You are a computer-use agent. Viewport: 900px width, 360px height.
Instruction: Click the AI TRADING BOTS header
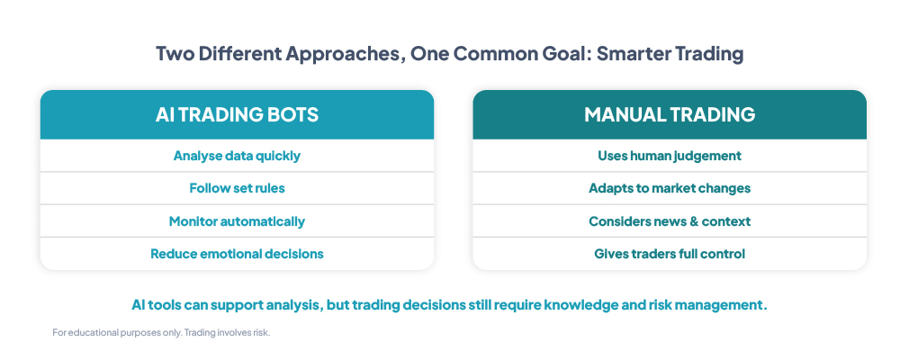237,115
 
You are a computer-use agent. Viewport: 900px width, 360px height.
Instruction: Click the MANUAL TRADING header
670,115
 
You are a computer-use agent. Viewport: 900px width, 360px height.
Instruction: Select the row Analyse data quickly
237,156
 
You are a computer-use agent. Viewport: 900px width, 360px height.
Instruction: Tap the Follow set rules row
237,188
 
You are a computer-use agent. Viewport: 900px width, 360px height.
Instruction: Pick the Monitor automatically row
237,221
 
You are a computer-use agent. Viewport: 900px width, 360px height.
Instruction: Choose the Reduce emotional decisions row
237,254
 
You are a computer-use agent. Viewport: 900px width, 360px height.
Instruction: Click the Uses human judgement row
670,156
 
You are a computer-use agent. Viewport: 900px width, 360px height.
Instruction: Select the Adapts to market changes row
670,188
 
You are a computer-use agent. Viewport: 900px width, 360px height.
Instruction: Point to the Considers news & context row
670,221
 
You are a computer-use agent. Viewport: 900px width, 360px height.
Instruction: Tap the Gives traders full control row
670,254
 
